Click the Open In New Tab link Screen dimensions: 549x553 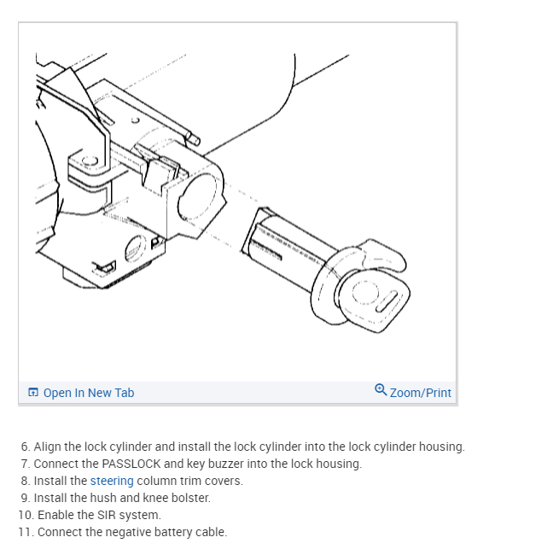[88, 393]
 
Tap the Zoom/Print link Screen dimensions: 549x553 [420, 393]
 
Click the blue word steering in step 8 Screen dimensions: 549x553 [112, 481]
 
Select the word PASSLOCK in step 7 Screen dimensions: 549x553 [131, 464]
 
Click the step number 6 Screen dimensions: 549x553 [25, 447]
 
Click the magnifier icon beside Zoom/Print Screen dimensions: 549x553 [381, 390]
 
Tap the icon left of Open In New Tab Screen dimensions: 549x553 [33, 393]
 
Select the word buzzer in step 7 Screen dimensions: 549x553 [229, 464]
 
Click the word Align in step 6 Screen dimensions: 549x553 [48, 447]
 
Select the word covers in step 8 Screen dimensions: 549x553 [224, 481]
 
